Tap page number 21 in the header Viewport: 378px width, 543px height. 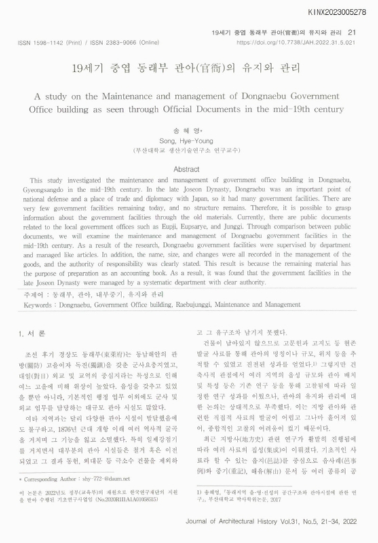tap(351, 32)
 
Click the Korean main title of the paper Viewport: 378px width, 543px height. tap(188, 69)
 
